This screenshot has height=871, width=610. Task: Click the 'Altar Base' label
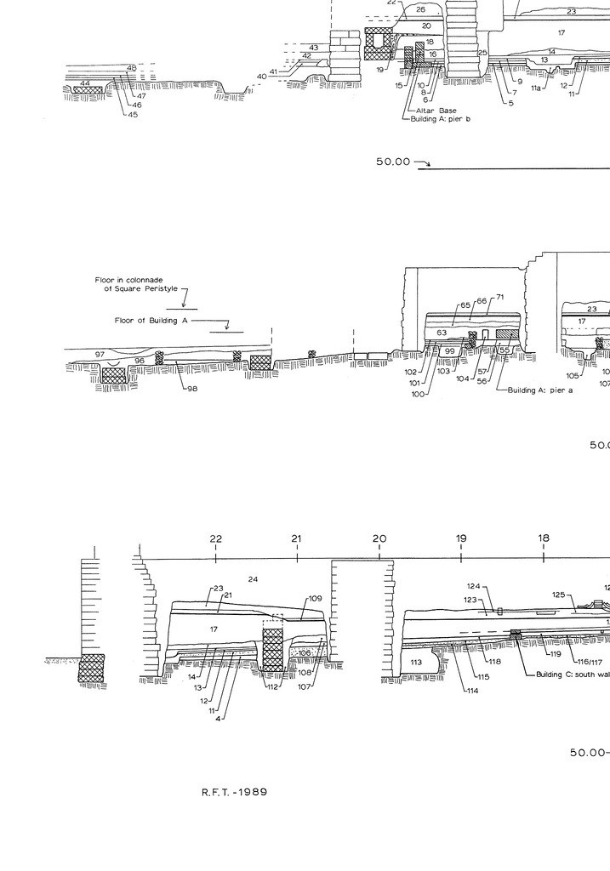coord(436,111)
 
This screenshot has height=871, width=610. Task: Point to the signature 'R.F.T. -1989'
coord(234,792)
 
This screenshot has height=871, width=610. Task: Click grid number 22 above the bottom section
coord(216,538)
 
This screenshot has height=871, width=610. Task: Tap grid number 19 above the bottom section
coord(461,538)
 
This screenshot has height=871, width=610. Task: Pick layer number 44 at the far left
coord(85,83)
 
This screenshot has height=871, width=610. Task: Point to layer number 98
coord(193,390)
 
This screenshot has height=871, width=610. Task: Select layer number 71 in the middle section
coord(500,297)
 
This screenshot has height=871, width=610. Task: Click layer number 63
coord(442,333)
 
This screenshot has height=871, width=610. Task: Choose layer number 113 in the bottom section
coord(416,661)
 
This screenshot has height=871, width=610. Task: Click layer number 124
coord(475,586)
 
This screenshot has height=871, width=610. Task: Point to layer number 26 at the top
coord(420,10)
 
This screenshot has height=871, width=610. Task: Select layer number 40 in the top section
coord(261,77)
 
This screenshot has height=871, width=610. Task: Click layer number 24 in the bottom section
coord(253,579)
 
